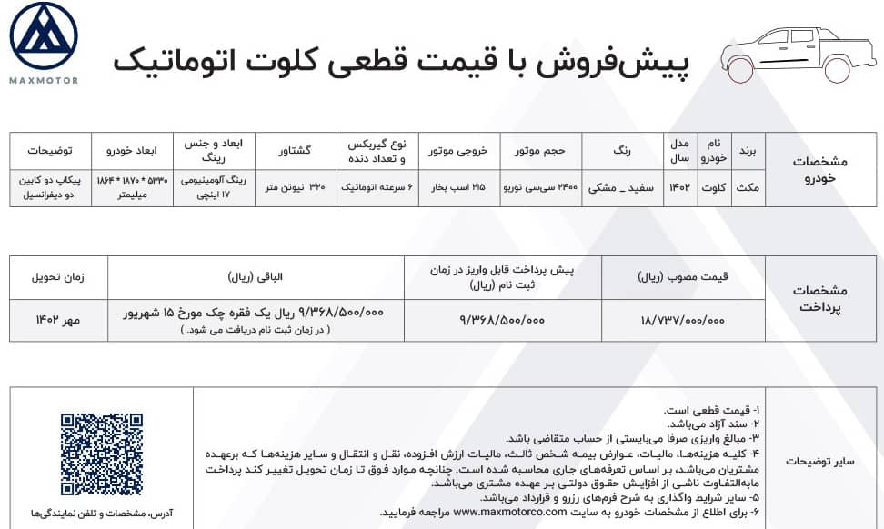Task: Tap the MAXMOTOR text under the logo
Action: (x=44, y=81)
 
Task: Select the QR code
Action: (x=101, y=454)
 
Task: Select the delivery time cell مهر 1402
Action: (x=58, y=320)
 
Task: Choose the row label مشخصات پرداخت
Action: (x=820, y=298)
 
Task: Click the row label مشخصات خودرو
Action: (x=820, y=169)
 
